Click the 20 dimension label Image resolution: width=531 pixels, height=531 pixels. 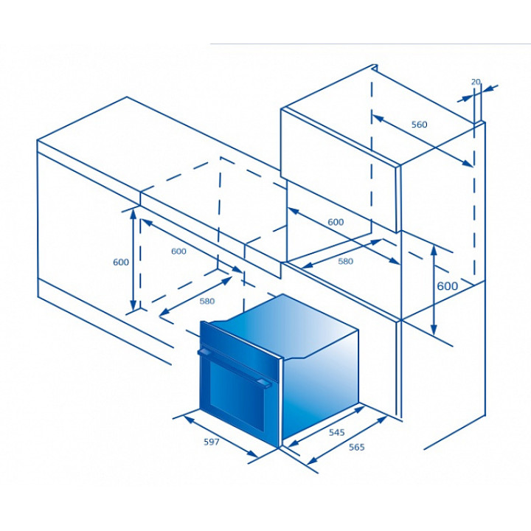pos(476,82)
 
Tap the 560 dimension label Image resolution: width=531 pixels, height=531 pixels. pos(419,125)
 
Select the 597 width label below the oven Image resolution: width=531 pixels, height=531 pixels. pos(212,442)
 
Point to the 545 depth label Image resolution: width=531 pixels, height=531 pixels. pos(336,432)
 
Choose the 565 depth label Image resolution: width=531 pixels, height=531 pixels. pos(357,447)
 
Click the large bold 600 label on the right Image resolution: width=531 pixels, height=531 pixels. pos(448,286)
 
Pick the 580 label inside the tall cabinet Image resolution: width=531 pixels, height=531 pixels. pos(345,261)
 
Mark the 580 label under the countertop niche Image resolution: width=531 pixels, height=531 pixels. pos(207,301)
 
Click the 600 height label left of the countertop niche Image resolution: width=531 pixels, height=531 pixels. pos(121,262)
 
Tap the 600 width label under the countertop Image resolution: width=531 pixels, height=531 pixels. pos(178,251)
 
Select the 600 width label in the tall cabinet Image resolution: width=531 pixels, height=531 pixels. pos(336,222)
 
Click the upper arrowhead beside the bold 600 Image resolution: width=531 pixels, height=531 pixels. pos(434,250)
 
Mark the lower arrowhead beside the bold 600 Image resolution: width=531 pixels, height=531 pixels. pos(434,330)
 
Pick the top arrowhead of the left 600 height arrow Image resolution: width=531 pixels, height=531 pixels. pos(133,213)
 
